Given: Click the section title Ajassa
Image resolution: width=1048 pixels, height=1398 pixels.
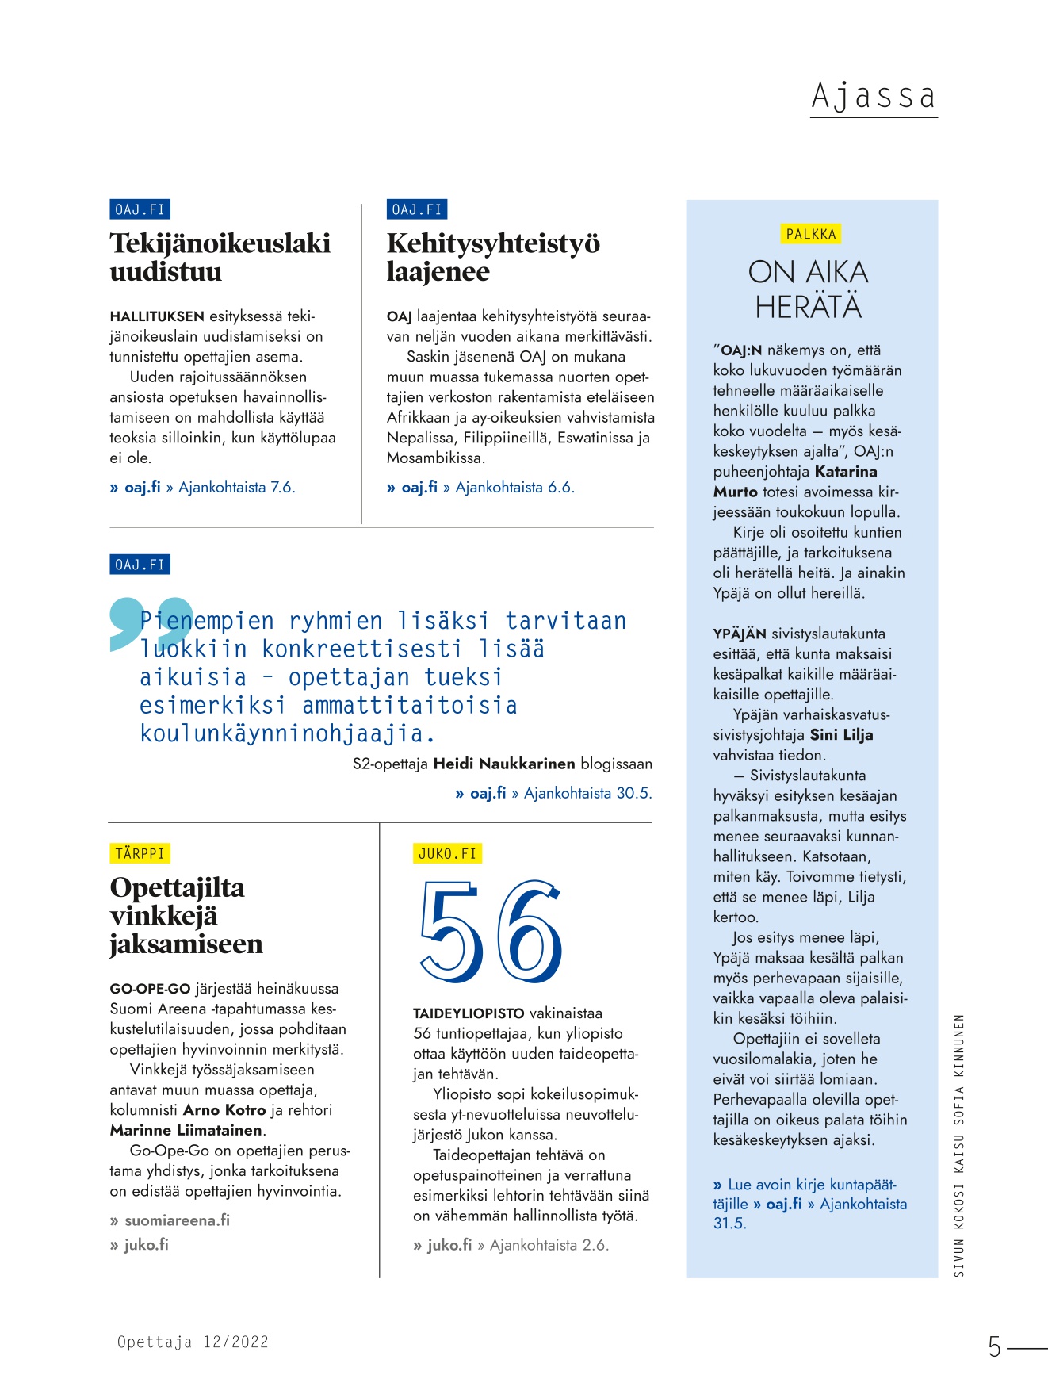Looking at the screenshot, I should (x=873, y=96).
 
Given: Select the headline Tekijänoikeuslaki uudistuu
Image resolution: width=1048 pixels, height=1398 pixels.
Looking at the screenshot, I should (x=220, y=257).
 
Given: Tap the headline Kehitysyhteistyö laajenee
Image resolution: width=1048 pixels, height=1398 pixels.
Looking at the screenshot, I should (x=492, y=257).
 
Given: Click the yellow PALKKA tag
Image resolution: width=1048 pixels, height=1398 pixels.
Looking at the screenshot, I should (x=811, y=234).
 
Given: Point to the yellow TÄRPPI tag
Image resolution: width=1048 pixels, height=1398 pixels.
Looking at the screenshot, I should (x=140, y=853).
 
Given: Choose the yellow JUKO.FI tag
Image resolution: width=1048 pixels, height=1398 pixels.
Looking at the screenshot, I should (x=447, y=853).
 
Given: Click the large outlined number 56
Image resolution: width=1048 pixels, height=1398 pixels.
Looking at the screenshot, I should (x=491, y=933).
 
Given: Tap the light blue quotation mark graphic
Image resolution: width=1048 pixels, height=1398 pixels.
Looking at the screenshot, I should (x=151, y=624).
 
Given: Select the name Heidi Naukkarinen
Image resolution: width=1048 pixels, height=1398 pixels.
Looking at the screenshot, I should (x=503, y=764).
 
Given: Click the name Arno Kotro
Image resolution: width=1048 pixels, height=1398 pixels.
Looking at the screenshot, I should (x=224, y=1110).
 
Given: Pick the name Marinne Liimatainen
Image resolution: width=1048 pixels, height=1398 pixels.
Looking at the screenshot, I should (x=186, y=1130).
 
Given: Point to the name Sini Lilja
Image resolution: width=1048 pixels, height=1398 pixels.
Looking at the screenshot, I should (x=841, y=735).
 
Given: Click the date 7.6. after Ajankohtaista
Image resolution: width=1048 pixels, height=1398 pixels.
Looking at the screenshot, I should (x=282, y=487).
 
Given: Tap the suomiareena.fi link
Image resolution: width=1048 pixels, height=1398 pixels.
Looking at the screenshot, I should (x=177, y=1220).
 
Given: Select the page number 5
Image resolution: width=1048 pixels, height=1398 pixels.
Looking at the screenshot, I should (x=994, y=1346).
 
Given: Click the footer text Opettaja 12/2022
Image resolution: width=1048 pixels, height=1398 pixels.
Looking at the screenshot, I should (x=193, y=1342).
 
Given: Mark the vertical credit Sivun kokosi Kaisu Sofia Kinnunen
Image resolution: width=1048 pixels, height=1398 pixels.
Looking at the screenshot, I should (x=958, y=1145).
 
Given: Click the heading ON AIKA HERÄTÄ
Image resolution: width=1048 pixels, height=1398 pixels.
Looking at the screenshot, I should (x=808, y=289).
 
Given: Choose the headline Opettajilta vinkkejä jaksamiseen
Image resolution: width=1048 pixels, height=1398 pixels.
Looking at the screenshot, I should (x=186, y=916).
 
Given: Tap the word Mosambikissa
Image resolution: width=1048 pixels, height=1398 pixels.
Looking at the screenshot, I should (x=435, y=458).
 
